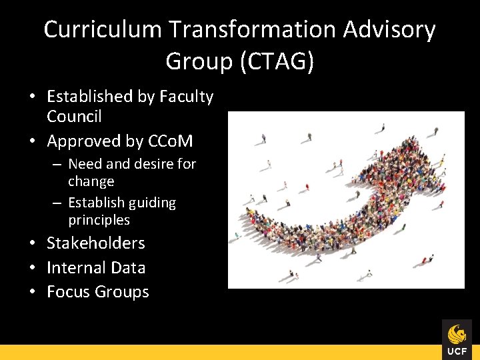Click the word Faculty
point(186,97)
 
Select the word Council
point(74,117)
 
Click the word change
point(91,181)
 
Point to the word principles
point(99,220)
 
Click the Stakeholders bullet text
point(95,243)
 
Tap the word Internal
point(75,268)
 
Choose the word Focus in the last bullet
point(69,292)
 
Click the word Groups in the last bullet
point(122,292)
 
